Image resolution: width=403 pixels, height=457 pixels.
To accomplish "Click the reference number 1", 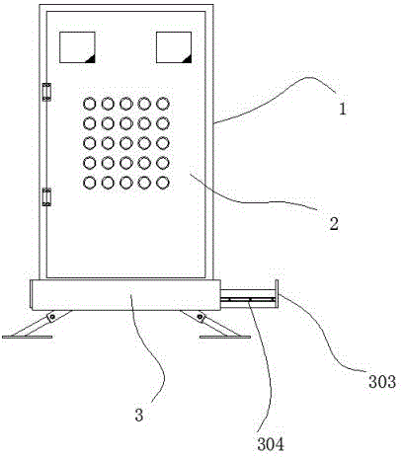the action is pyautogui.click(x=343, y=109).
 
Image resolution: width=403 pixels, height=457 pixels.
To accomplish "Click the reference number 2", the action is pyautogui.click(x=334, y=224).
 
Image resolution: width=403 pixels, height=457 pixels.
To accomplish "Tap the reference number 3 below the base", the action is pyautogui.click(x=139, y=415).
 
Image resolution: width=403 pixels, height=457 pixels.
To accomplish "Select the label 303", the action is pyautogui.click(x=382, y=382).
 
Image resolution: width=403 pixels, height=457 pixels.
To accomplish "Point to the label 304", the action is pyautogui.click(x=271, y=445).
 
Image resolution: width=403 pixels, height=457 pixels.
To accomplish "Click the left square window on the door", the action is pyautogui.click(x=77, y=47).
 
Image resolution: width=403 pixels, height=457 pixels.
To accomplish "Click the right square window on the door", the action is pyautogui.click(x=174, y=47).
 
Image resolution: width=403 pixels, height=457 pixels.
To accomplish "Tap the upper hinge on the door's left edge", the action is pyautogui.click(x=46, y=92).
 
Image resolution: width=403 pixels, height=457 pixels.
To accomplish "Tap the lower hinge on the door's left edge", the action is pyautogui.click(x=46, y=197).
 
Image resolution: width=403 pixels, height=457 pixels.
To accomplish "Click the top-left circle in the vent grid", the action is pyautogui.click(x=90, y=105).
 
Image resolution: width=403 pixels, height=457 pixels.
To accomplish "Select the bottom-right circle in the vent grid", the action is pyautogui.click(x=163, y=183).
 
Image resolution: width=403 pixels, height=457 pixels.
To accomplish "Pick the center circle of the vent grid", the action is pyautogui.click(x=126, y=143).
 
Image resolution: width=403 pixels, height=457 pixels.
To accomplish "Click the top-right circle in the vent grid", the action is pyautogui.click(x=163, y=105).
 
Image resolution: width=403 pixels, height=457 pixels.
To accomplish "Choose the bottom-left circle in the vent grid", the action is pyautogui.click(x=90, y=183).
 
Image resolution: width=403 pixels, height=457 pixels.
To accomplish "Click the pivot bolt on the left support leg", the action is pyautogui.click(x=51, y=318).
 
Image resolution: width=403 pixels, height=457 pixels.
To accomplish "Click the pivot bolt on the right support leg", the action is pyautogui.click(x=200, y=318).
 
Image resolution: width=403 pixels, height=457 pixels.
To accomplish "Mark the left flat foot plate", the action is pyautogui.click(x=28, y=337).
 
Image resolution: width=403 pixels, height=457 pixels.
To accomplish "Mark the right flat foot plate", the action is pyautogui.click(x=225, y=337).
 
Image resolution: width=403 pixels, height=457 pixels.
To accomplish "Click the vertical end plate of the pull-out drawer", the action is pyautogui.click(x=277, y=294).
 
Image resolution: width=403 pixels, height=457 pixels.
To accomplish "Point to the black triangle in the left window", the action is pyautogui.click(x=91, y=59).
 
